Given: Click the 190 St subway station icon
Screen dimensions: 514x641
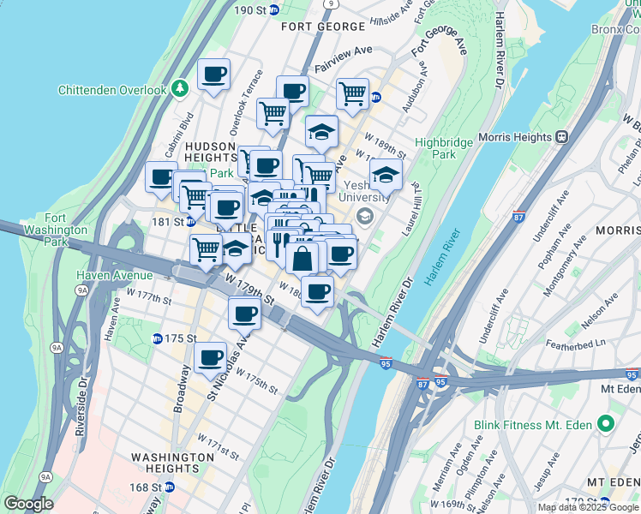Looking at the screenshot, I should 274,9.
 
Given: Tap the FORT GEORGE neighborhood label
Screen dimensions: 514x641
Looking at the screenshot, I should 323,27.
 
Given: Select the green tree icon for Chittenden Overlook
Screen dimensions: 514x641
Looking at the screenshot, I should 180,89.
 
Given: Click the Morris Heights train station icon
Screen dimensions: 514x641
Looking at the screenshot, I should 562,136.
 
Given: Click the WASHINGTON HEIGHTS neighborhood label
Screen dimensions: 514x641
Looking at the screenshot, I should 172,463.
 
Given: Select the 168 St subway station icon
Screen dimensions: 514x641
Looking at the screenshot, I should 169,487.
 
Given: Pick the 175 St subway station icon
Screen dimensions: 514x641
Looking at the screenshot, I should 157,338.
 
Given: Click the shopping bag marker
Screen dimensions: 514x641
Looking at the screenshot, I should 303,258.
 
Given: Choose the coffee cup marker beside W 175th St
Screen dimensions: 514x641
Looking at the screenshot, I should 210,357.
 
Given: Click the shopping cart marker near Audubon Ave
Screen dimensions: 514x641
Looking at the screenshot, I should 352,93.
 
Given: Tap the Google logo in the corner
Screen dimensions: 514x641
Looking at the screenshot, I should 28,504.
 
